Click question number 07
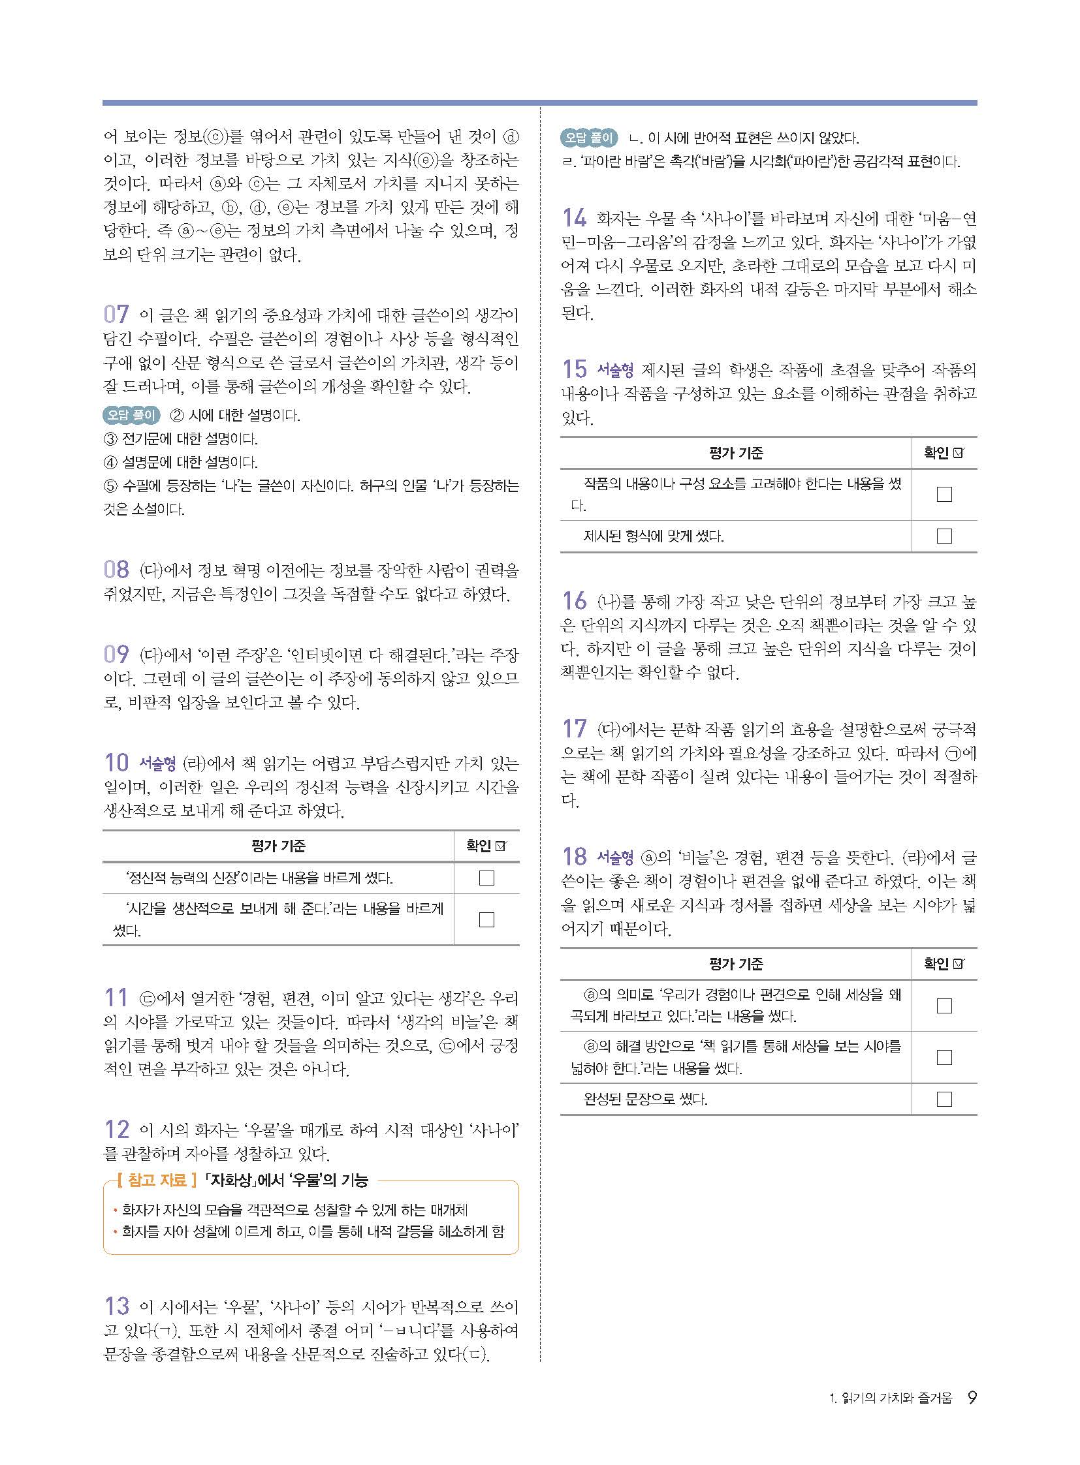116,315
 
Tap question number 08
116,569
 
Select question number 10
116,762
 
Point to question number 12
116,1128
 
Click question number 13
116,1306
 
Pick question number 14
575,217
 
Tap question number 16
575,600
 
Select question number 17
575,728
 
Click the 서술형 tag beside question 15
615,371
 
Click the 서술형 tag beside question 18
615,857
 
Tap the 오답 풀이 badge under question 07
131,415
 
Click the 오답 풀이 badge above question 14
588,138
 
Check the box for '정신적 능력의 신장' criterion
486,878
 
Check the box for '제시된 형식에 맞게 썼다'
944,536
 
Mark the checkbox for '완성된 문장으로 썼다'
944,1099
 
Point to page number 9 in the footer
972,1398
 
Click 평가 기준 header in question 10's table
278,846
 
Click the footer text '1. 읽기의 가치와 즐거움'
890,1398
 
